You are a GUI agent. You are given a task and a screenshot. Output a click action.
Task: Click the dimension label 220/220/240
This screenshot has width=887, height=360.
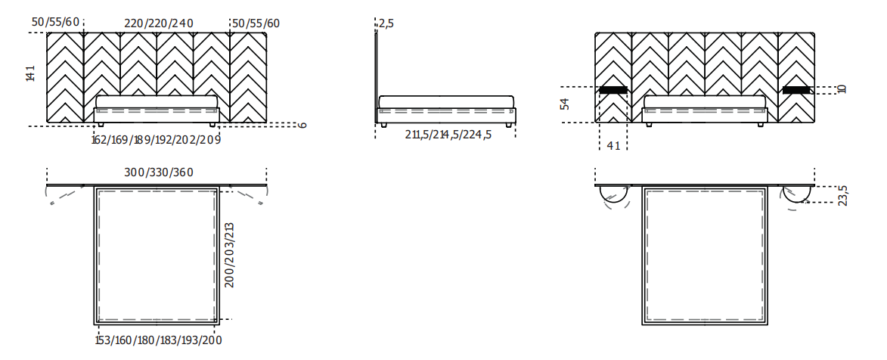coord(159,23)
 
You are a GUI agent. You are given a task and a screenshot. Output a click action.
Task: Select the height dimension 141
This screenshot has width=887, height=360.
coord(30,73)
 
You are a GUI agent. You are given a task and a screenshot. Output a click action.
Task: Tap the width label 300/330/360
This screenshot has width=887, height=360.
coord(159,172)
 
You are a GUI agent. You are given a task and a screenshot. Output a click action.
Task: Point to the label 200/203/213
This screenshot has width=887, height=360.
coord(229,255)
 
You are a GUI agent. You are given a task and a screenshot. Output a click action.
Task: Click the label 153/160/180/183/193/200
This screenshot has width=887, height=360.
coord(158,340)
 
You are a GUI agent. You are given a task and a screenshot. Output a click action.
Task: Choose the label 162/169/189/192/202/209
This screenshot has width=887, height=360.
coord(156,139)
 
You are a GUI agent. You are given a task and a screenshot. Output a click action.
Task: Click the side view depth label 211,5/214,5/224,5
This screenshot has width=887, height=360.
coord(448,135)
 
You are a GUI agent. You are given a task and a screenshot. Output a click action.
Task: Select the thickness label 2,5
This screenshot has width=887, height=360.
coord(386,23)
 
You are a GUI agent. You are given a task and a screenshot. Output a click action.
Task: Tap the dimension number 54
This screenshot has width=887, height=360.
coord(565,104)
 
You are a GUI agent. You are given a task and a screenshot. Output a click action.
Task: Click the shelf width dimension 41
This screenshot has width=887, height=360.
coord(614,145)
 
